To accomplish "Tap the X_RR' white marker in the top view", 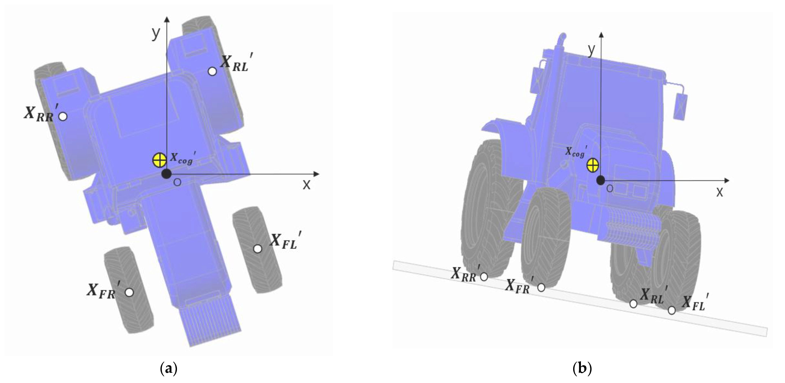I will point(63,116).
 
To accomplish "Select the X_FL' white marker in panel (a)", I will point(258,249).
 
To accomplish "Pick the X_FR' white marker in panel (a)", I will point(129,292).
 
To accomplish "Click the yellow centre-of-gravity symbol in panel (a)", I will point(159,160).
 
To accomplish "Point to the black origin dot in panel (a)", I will point(166,174).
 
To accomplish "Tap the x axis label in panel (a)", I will point(306,184).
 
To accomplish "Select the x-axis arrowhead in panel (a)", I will point(317,174).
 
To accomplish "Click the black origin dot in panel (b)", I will point(600,180).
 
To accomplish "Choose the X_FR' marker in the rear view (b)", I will point(541,287).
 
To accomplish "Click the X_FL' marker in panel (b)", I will point(671,310).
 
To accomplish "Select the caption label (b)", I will point(582,369).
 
